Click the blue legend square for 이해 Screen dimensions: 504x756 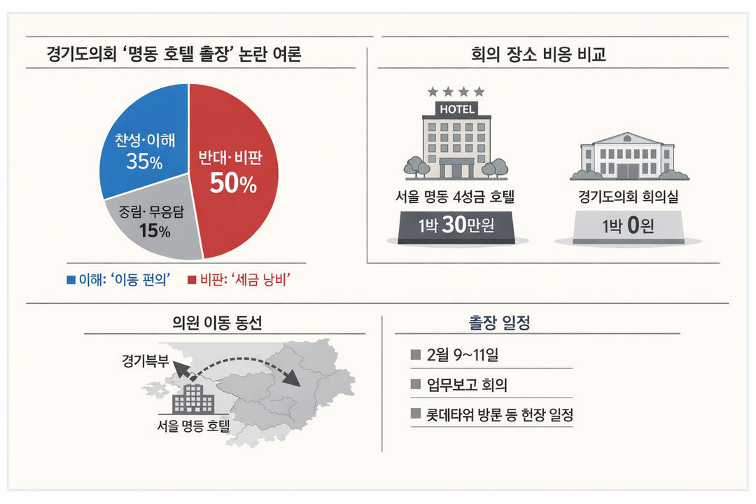pyautogui.click(x=71, y=280)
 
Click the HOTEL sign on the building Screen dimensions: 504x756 pyautogui.click(x=456, y=109)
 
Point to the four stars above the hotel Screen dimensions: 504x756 pyautogui.click(x=456, y=92)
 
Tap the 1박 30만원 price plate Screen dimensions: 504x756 pyautogui.click(x=456, y=226)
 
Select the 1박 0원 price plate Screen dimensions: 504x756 pyautogui.click(x=628, y=226)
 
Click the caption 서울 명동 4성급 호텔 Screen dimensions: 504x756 pyautogui.click(x=456, y=197)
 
